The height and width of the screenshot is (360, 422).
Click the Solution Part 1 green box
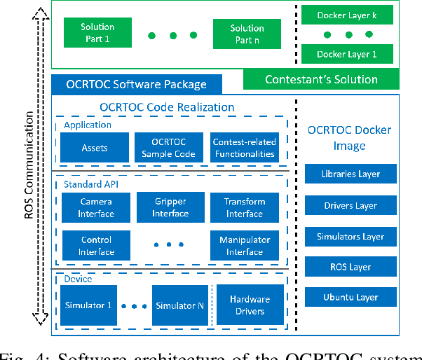tap(97, 33)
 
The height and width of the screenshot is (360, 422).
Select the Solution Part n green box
tap(247, 33)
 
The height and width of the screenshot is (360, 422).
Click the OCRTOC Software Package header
tap(137, 84)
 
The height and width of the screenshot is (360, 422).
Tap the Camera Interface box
tap(96, 207)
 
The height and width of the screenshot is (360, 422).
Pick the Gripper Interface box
tap(170, 207)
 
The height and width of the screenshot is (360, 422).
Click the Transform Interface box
tap(245, 207)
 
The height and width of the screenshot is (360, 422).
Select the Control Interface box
tap(96, 246)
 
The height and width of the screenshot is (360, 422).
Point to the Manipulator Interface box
tap(245, 246)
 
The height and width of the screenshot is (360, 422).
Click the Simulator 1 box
tap(88, 305)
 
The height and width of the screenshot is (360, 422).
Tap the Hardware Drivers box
tap(250, 305)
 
